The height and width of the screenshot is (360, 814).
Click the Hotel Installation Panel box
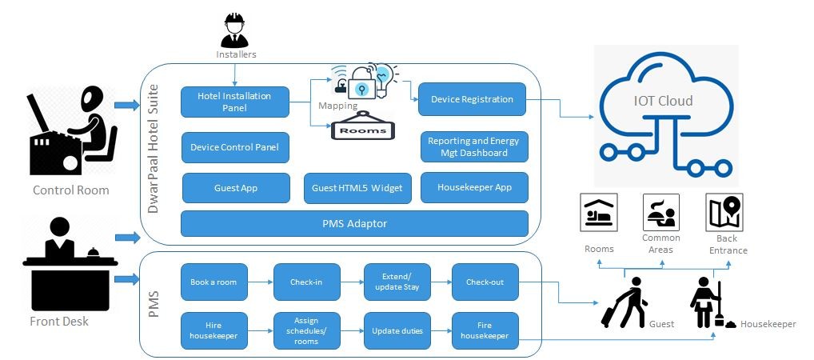pyautogui.click(x=234, y=102)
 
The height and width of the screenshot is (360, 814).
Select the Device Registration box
pyautogui.click(x=472, y=99)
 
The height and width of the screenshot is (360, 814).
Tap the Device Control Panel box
pyautogui.click(x=234, y=147)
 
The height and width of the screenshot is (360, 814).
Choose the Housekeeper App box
pyautogui.click(x=474, y=187)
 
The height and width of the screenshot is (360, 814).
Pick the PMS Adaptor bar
pyautogui.click(x=354, y=223)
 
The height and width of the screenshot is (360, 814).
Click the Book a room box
pyautogui.click(x=213, y=282)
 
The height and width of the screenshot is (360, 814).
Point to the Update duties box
pyautogui.click(x=397, y=330)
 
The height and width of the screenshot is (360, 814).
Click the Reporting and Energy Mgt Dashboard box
pyautogui.click(x=474, y=146)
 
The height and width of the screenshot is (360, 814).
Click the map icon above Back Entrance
pyautogui.click(x=724, y=213)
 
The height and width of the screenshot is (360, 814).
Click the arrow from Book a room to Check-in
pyautogui.click(x=261, y=282)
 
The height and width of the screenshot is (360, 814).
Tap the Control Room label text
pyautogui.click(x=71, y=190)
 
